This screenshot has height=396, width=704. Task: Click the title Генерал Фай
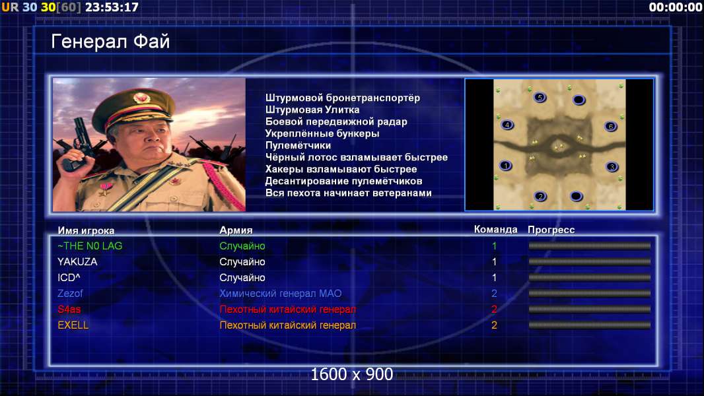tap(110, 42)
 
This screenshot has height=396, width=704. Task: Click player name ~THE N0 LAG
tap(90, 246)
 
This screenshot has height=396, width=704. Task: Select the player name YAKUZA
tap(77, 261)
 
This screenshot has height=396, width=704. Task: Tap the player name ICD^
tap(69, 278)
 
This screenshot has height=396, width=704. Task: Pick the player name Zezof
tap(70, 293)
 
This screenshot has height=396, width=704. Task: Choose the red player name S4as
tap(69, 309)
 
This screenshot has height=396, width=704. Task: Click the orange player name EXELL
tap(73, 325)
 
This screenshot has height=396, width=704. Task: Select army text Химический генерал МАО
tap(281, 293)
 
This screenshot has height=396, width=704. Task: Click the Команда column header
tap(496, 230)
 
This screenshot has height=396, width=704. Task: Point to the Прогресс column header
tap(551, 230)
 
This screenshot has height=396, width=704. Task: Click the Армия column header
tap(236, 230)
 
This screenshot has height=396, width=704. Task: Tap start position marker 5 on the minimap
tap(540, 97)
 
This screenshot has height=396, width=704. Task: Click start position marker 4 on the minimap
tap(507, 125)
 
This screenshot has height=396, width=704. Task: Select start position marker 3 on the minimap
tap(612, 167)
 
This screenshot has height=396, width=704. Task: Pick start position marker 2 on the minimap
tap(541, 197)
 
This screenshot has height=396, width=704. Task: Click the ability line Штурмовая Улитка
tap(312, 110)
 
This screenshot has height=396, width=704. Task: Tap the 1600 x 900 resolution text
tap(351, 374)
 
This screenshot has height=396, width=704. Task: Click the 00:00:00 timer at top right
tap(676, 7)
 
